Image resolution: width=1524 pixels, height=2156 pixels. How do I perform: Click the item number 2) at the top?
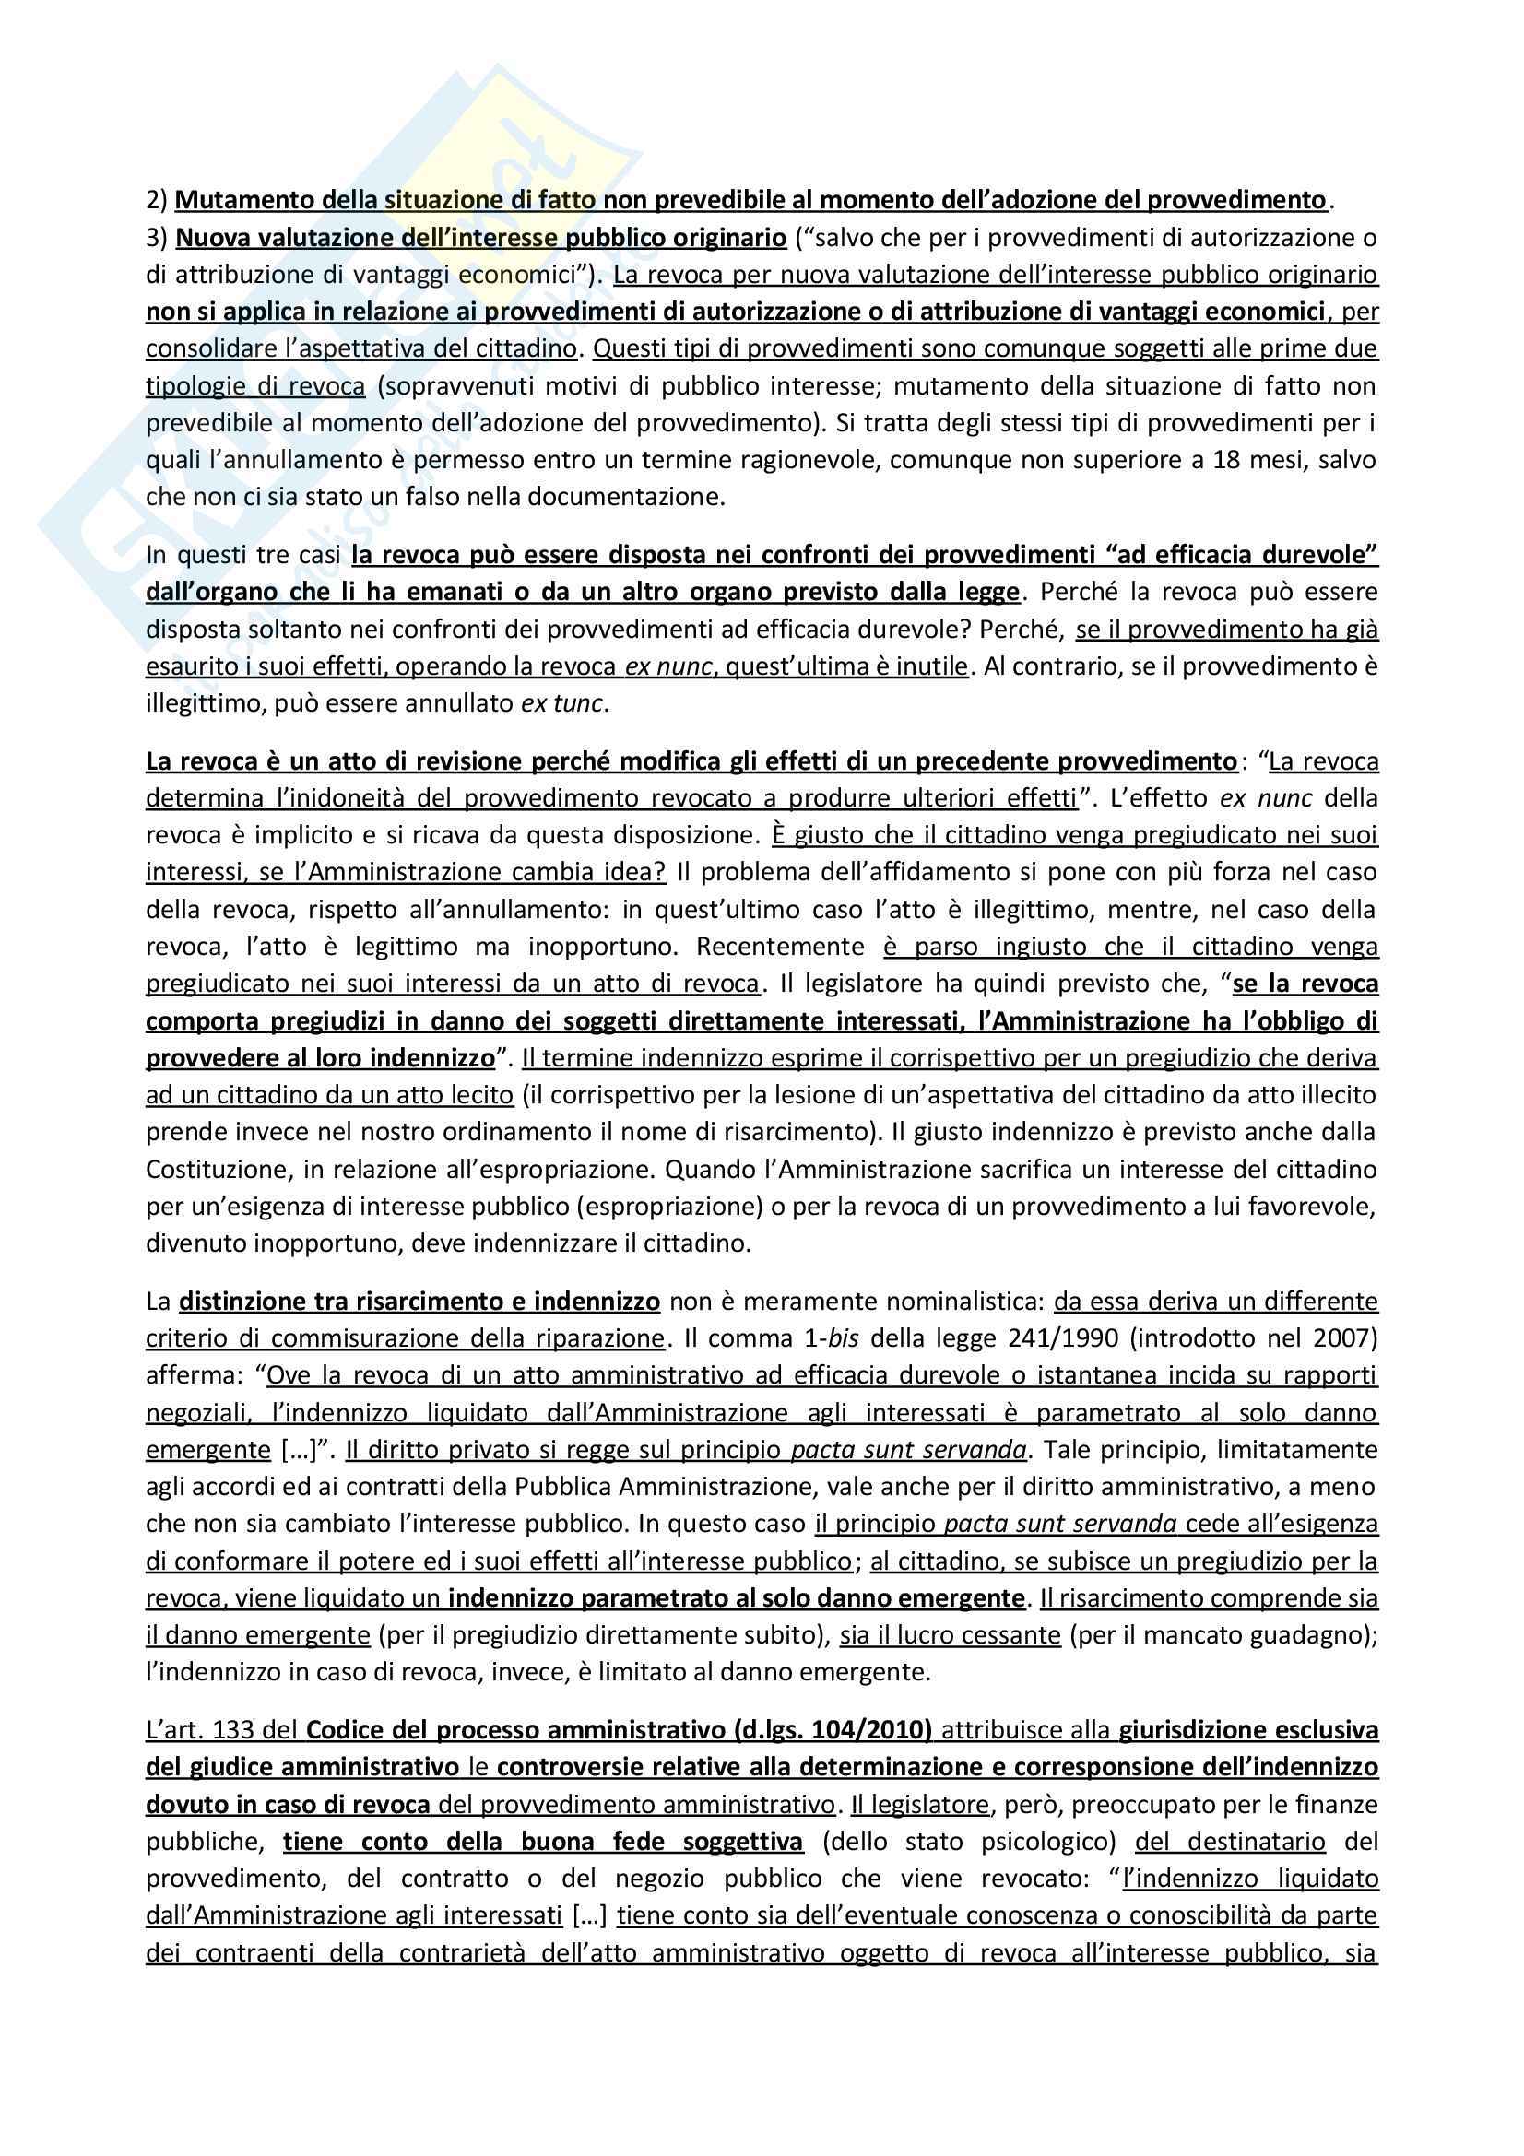[x=156, y=200]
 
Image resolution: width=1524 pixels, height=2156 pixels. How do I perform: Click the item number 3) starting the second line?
[x=156, y=238]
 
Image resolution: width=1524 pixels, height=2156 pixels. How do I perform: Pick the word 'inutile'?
[x=933, y=666]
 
